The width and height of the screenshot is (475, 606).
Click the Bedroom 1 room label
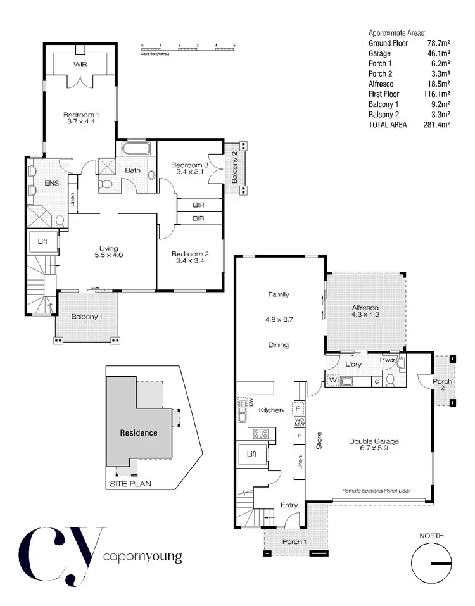(x=79, y=115)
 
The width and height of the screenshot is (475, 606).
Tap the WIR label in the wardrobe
(x=80, y=65)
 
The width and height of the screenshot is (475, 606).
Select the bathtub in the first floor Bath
(x=136, y=150)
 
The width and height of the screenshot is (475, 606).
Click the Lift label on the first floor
(x=43, y=241)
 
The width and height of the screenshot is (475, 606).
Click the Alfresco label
(x=365, y=310)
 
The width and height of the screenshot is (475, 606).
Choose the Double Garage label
(x=370, y=442)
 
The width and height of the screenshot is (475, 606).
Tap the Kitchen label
(x=271, y=410)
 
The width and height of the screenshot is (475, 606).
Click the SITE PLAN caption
(x=132, y=484)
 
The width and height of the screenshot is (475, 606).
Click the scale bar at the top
(x=188, y=46)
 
